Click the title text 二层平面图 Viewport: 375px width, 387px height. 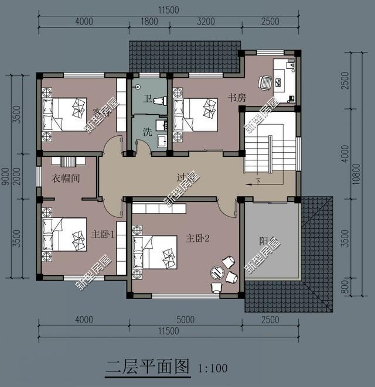point(148,367)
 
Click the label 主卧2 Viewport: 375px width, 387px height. point(198,239)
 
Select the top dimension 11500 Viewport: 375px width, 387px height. point(168,10)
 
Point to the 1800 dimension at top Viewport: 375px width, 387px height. point(150,22)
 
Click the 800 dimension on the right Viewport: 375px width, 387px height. point(345,288)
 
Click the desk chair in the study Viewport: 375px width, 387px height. point(265,83)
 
